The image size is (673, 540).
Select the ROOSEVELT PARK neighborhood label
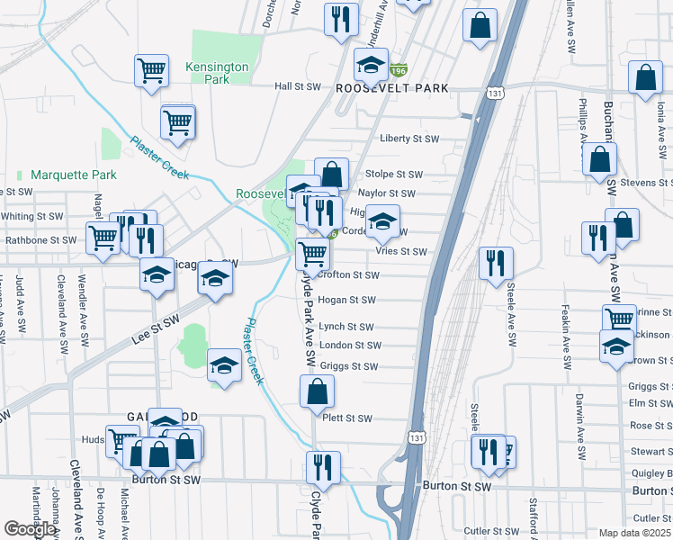click(x=391, y=89)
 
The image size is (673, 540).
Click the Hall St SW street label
click(x=298, y=86)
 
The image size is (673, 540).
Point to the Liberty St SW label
click(x=409, y=139)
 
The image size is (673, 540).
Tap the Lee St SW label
click(x=156, y=332)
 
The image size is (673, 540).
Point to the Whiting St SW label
click(x=31, y=217)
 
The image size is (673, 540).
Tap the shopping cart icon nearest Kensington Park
click(x=152, y=69)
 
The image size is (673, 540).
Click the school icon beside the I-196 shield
click(x=370, y=64)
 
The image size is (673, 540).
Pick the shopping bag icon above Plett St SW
click(x=317, y=391)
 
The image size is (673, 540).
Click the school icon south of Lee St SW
click(x=224, y=364)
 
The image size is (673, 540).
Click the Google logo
click(x=30, y=529)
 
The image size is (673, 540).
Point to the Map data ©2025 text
click(x=635, y=533)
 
